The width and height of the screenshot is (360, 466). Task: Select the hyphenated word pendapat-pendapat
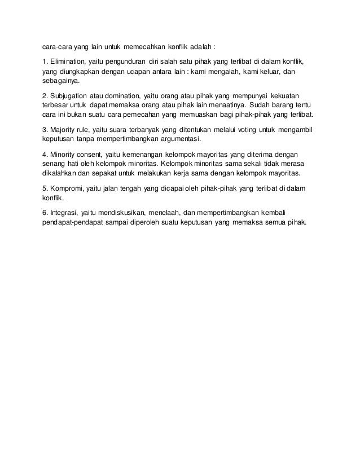(80, 222)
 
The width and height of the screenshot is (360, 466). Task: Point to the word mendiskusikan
(121, 213)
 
